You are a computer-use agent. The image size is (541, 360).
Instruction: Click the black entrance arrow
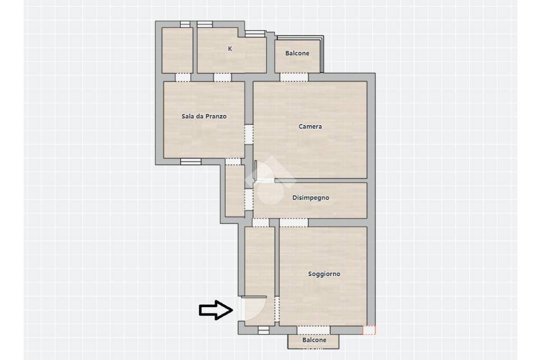coord(216,310)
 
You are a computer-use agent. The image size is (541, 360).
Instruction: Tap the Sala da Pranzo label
coord(204,117)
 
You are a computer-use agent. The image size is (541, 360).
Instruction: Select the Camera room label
coord(310,127)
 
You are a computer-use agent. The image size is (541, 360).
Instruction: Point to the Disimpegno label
coord(311,198)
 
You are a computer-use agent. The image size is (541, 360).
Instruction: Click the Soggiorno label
coord(324,274)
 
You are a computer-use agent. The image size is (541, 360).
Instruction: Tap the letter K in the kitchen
coord(230,49)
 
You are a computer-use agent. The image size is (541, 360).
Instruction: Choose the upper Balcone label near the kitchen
coord(297,53)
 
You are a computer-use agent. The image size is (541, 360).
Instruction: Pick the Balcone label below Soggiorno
coord(314,340)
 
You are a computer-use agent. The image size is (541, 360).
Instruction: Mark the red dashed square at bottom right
coord(369,330)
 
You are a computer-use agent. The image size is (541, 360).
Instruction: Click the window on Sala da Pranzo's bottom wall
coord(191,162)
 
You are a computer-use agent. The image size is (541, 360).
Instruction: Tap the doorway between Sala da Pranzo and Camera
coord(249,134)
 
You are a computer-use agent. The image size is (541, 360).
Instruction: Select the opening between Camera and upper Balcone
coord(294,77)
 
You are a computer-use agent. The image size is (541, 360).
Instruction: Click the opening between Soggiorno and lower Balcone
coord(314,330)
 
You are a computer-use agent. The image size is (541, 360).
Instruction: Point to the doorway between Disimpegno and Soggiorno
coord(294,222)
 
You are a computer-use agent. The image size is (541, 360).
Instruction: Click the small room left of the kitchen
coord(178,50)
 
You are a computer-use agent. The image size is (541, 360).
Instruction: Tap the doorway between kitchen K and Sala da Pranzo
coord(222,77)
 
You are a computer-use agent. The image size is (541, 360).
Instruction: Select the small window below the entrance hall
coord(264,330)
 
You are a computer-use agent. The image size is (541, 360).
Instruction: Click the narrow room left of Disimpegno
coord(235,191)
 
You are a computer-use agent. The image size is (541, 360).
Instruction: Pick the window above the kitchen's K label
coord(205,24)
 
